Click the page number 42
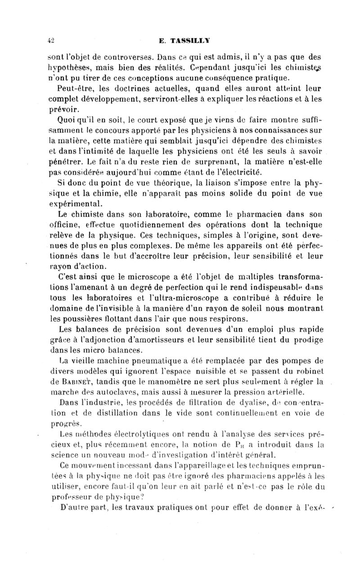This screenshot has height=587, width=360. pyautogui.click(x=51, y=40)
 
